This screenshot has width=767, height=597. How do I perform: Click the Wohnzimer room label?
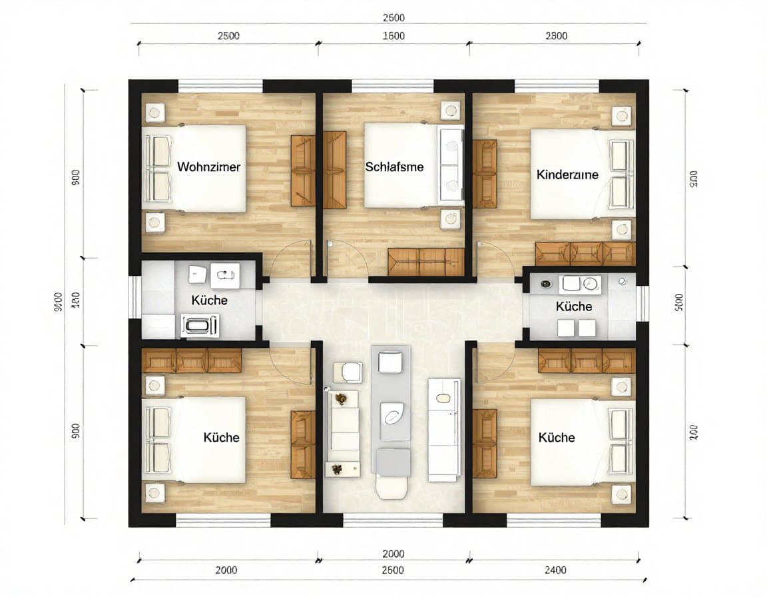[x=208, y=167]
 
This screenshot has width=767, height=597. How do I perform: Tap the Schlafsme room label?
[x=394, y=167]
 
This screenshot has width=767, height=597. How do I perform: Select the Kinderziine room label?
[x=567, y=175]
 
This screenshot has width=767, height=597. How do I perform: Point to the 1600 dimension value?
[x=393, y=36]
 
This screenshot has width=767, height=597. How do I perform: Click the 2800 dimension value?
[x=556, y=36]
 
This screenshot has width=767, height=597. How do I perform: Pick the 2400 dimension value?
[x=555, y=570]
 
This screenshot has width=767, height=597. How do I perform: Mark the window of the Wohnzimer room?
[x=220, y=85]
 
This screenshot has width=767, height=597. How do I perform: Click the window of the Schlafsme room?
[x=392, y=85]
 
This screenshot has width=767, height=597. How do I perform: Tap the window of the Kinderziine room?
[x=557, y=85]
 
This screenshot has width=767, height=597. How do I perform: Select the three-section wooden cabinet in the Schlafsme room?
[x=426, y=261]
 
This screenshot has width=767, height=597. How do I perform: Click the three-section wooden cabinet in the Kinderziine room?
[x=585, y=254]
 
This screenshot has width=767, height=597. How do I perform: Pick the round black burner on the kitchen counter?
[x=546, y=284]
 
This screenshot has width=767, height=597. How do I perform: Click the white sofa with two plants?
[x=344, y=430]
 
